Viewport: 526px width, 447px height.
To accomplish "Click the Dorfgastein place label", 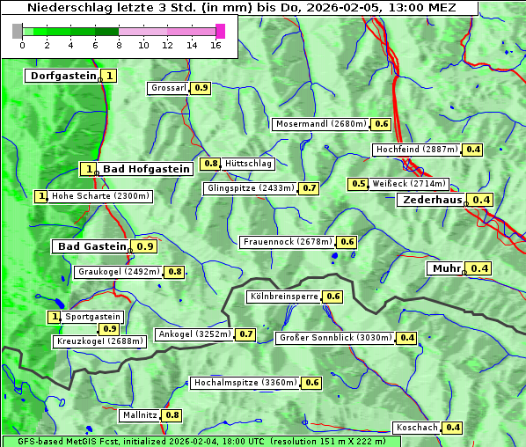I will coord(62,76).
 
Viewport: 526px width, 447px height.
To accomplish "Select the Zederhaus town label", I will coord(432,200).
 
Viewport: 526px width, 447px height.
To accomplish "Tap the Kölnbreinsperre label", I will coord(282,297).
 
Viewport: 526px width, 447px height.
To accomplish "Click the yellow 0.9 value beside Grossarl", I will coord(201,88).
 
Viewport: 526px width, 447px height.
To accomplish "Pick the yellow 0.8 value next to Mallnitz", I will coord(172,414).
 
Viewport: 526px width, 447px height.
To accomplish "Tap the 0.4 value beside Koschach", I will coord(452,428).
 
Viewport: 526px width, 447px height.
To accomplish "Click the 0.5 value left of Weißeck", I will coord(358,184).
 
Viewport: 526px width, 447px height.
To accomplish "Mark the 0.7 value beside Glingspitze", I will coord(309,188).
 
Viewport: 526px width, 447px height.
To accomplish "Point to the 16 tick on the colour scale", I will coord(216,45).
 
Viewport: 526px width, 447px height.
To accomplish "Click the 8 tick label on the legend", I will coord(119,45).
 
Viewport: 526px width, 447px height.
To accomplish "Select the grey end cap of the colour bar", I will coord(18,31).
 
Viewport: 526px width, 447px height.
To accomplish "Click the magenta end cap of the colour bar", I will coord(221,31).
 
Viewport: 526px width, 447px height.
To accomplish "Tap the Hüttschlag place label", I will coord(249,164).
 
